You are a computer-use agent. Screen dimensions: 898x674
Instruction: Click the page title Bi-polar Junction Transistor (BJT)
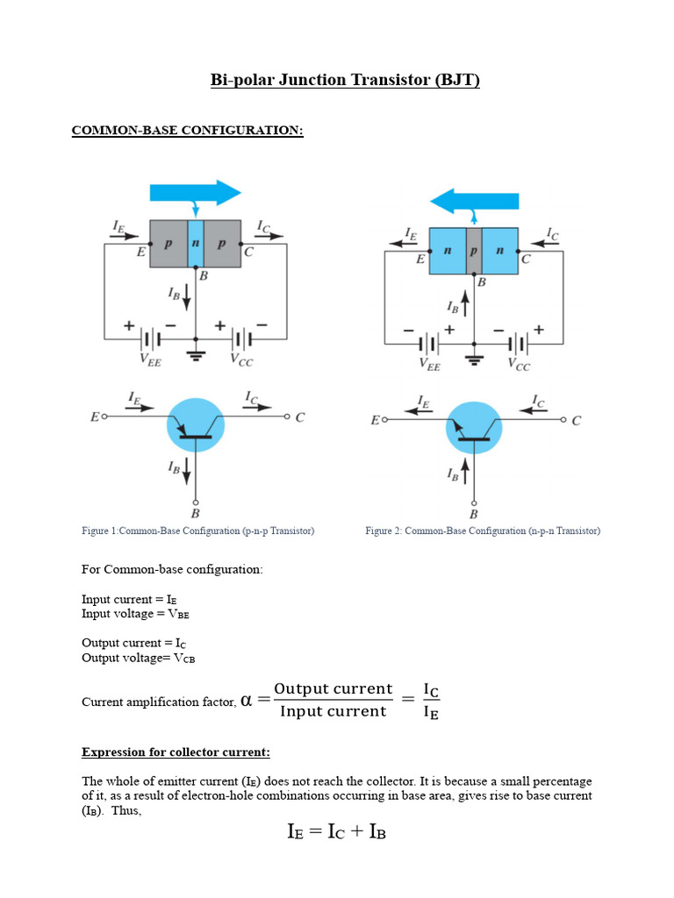coord(345,81)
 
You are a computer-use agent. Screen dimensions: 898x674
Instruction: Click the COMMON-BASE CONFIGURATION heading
coord(187,131)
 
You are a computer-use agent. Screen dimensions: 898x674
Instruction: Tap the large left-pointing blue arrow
coord(475,201)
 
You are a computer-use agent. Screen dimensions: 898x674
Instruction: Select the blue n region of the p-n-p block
coord(196,244)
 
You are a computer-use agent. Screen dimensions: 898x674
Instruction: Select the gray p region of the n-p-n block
coord(474,250)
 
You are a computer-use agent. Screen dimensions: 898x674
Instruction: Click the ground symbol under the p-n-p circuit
coord(196,357)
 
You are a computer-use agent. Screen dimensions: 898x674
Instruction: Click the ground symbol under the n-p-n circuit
coord(474,360)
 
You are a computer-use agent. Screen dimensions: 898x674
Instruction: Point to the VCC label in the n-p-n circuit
coord(518,364)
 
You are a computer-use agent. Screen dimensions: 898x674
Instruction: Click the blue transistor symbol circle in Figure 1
coord(196,425)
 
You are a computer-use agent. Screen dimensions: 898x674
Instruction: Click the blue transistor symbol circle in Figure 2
coord(474,429)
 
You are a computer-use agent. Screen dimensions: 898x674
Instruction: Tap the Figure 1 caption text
coord(197,531)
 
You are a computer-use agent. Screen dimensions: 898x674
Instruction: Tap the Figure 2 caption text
coord(483,531)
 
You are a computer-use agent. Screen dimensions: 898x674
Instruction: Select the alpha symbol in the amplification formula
coord(246,700)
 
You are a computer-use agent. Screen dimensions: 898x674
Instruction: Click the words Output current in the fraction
coord(333,688)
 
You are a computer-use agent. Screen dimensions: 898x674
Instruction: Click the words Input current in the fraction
coord(333,711)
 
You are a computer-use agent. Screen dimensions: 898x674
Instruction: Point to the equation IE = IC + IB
coord(336,832)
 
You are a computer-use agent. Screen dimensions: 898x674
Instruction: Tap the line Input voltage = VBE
coord(135,614)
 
